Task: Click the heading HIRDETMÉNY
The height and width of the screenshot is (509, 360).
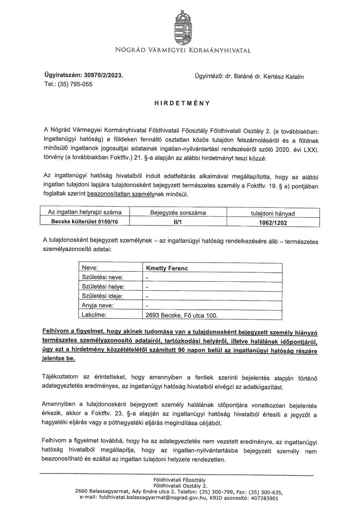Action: (180, 103)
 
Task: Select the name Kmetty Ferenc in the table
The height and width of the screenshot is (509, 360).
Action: (166, 268)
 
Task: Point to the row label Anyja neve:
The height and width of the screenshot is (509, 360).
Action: (97, 306)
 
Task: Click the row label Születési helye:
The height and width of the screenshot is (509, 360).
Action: (103, 287)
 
